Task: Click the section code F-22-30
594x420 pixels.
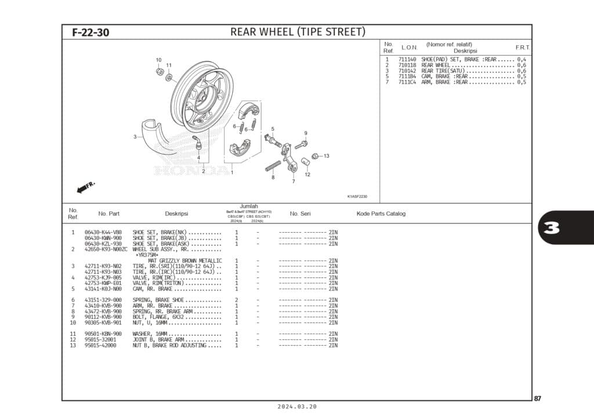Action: point(90,32)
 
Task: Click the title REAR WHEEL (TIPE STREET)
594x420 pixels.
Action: point(298,32)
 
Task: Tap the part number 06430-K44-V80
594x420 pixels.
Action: point(103,232)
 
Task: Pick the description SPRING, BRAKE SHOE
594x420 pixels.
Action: point(158,300)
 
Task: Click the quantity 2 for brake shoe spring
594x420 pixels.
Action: point(237,300)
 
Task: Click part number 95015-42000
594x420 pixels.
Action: point(100,345)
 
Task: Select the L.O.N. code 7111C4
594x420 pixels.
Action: point(407,82)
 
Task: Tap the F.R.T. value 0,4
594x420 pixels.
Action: point(521,60)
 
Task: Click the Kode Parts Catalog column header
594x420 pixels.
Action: point(381,213)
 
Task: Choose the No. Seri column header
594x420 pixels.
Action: point(300,213)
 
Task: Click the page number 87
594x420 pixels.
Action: point(538,398)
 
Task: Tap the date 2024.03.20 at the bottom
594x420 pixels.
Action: point(297,407)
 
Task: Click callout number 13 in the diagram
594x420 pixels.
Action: point(326,156)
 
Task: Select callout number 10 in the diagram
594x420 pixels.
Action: point(158,60)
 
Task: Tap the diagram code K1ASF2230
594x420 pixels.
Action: point(357,197)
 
